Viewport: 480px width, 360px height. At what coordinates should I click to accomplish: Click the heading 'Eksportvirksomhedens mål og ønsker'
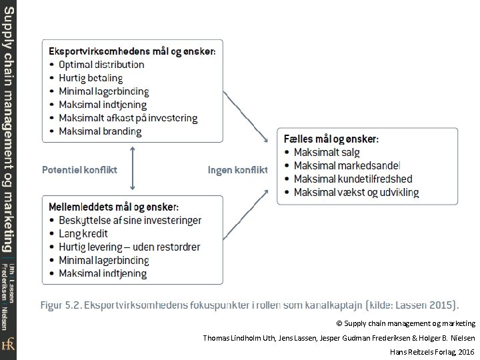[x=133, y=51]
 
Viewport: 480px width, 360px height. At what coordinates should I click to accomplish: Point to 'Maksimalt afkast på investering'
[x=128, y=118]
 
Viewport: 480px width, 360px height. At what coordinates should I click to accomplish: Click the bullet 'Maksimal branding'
[x=100, y=131]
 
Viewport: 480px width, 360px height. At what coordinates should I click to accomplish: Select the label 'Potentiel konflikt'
[x=79, y=169]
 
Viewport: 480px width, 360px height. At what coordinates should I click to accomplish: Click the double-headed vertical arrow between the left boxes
[x=133, y=169]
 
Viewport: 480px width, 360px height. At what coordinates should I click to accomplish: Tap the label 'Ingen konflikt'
[x=237, y=169]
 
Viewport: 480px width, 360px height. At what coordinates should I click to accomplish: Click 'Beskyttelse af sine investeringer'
[x=130, y=221]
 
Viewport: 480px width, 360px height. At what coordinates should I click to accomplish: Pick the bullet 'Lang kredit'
[x=83, y=234]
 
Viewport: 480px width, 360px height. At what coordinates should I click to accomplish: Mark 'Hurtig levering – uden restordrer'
[x=129, y=247]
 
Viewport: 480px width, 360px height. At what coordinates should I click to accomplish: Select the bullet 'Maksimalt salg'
[x=327, y=152]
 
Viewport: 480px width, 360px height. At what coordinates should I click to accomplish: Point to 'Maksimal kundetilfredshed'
[x=353, y=179]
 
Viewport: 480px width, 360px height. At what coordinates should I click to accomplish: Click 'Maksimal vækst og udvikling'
[x=356, y=193]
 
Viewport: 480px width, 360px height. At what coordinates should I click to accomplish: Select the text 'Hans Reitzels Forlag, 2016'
[x=431, y=350]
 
